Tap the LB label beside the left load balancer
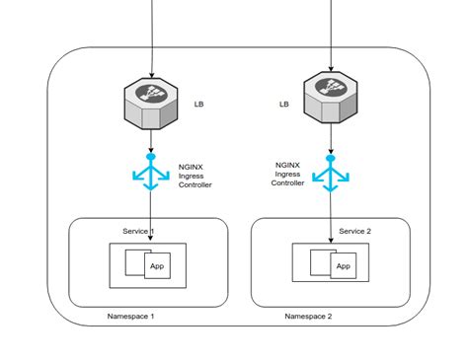click(x=200, y=103)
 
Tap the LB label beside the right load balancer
click(x=283, y=104)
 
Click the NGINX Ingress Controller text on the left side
click(x=194, y=176)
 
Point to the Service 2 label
click(x=354, y=231)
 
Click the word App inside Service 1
click(x=156, y=266)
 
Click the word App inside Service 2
click(x=343, y=266)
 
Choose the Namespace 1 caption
click(x=130, y=317)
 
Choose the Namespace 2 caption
click(x=308, y=317)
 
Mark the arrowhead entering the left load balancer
click(x=151, y=74)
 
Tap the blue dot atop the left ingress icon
click(x=150, y=156)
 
